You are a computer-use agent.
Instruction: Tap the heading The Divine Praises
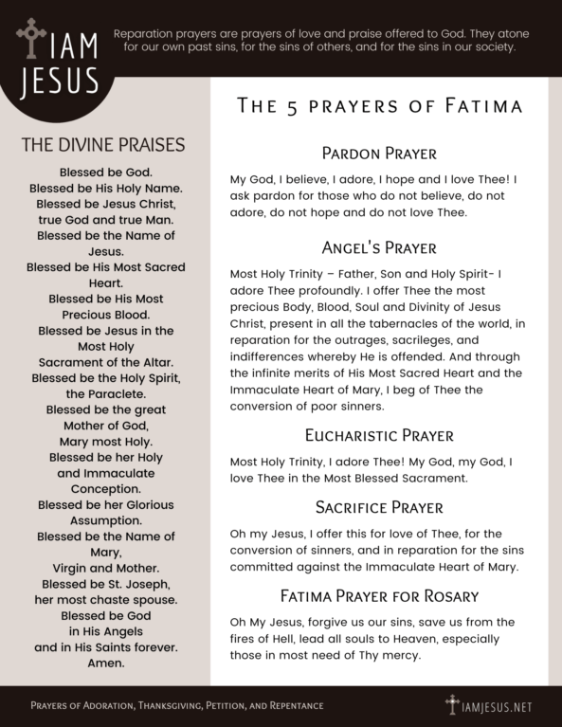102,145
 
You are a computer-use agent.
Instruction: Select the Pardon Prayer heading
378,154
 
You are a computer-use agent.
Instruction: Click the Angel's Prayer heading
378,248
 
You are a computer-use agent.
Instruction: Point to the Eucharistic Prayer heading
378,436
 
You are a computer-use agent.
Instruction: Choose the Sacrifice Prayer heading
378,507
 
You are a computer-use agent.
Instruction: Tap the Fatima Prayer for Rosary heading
378,596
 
